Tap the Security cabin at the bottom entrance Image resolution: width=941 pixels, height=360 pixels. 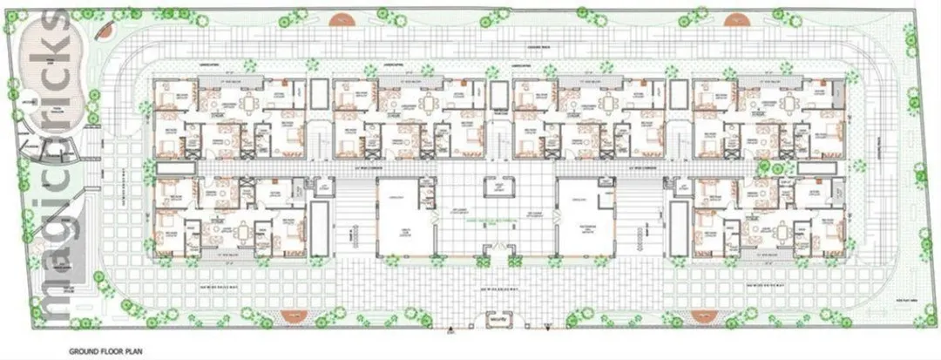click(x=498, y=321)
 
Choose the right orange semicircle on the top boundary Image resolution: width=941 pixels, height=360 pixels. click(x=736, y=18)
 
